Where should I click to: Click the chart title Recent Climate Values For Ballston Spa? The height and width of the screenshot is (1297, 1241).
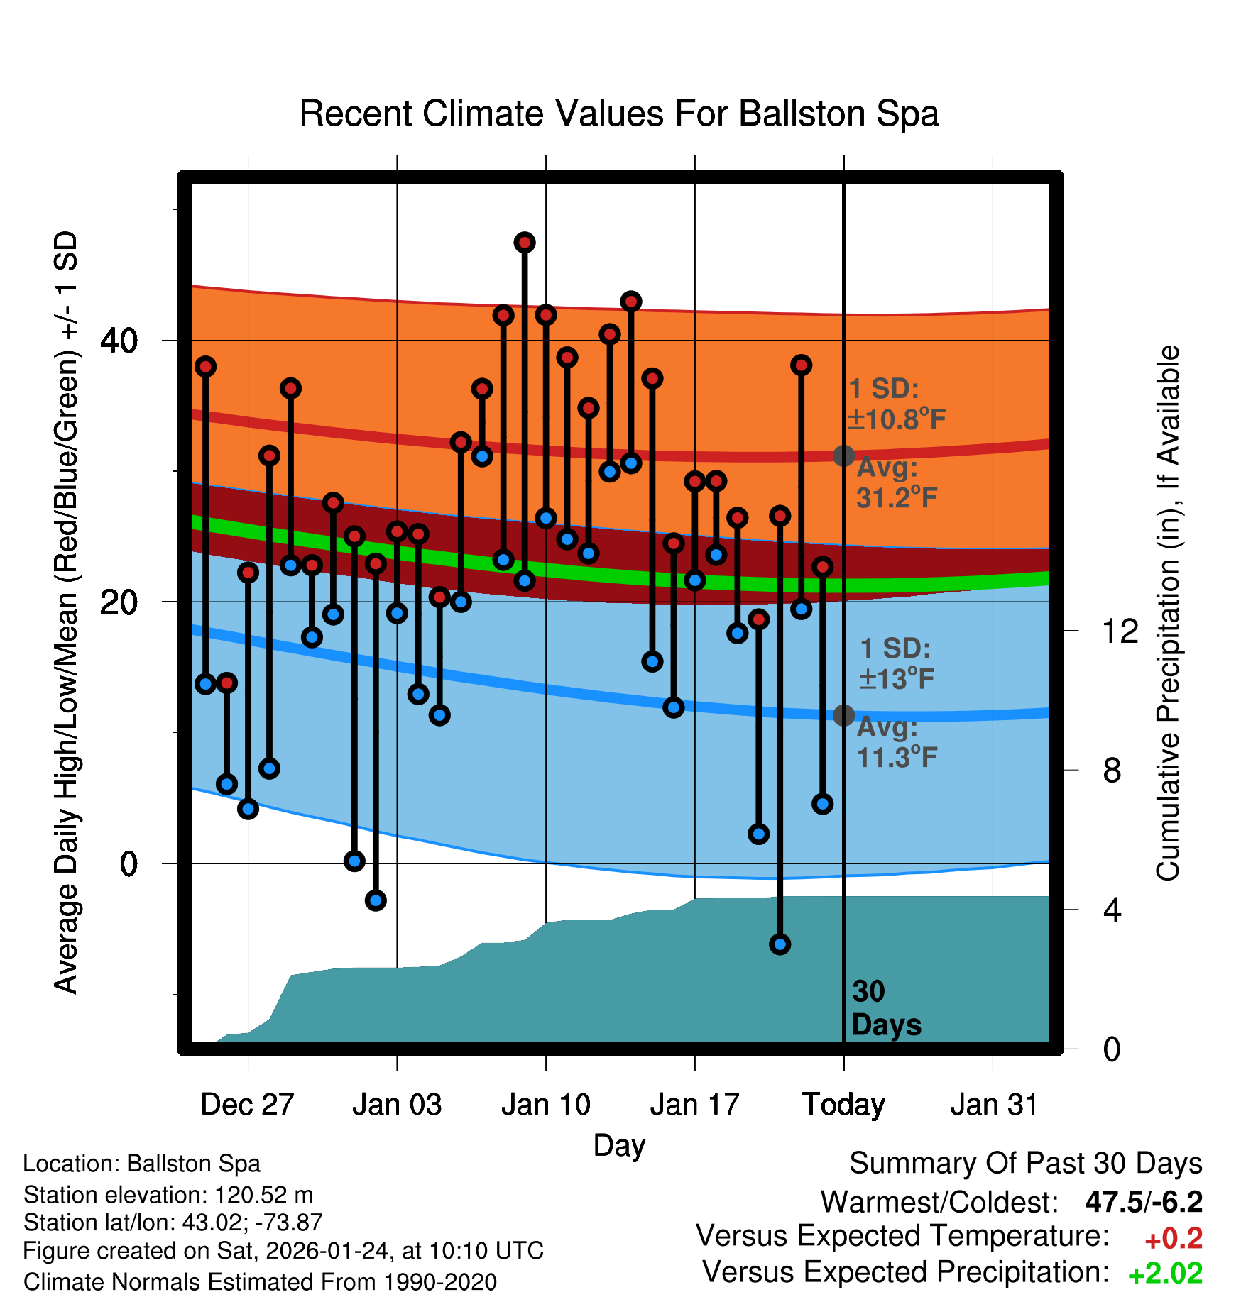619,114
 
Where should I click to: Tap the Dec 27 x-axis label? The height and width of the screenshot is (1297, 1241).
247,1104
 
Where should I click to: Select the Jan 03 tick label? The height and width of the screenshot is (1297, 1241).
397,1104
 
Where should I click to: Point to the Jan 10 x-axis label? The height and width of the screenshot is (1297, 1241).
545,1104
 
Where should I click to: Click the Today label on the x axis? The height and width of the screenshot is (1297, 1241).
843,1104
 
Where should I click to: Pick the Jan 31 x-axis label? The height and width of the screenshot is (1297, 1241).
994,1104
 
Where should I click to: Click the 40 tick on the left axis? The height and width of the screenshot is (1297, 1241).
119,341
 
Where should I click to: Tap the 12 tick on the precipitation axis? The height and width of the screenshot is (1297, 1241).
1120,631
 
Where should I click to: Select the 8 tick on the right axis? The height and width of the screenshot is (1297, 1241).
1112,771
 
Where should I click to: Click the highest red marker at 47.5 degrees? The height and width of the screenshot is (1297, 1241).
525,243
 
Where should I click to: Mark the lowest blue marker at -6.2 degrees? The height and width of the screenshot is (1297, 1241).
780,944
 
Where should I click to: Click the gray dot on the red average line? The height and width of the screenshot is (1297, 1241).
843,456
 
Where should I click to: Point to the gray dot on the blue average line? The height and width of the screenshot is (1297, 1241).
843,715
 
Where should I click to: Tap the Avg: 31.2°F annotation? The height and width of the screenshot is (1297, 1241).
896,483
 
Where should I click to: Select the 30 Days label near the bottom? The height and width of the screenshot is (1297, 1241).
885,1008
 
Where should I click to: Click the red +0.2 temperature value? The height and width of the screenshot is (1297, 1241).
1173,1239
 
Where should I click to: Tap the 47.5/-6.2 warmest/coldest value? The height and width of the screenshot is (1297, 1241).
1144,1202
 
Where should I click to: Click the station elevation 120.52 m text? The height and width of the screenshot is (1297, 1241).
168,1195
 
